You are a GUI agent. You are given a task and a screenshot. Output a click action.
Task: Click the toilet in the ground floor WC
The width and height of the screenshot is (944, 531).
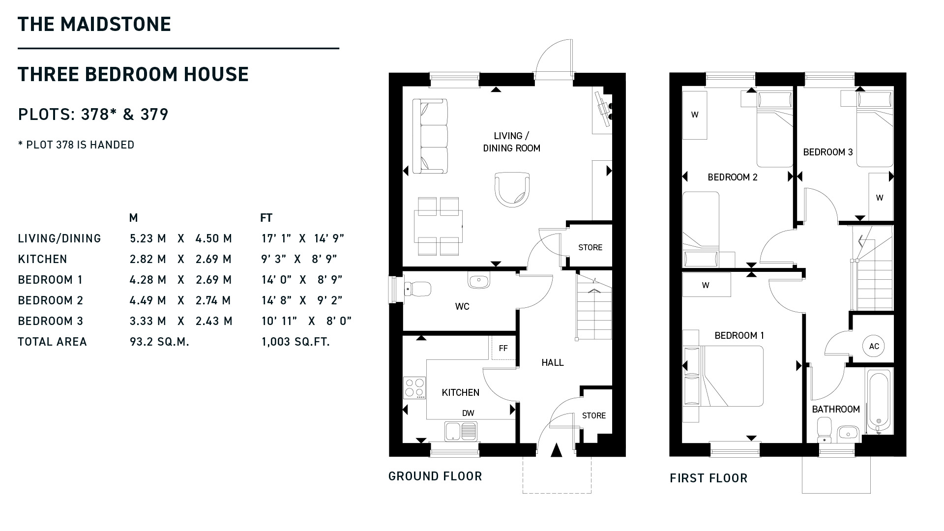[417, 289]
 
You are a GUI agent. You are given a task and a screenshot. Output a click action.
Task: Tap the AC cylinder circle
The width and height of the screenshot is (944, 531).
[874, 346]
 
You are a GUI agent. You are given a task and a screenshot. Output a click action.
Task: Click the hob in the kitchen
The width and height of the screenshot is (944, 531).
[414, 388]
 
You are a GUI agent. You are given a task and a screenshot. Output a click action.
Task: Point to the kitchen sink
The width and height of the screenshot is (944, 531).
[461, 431]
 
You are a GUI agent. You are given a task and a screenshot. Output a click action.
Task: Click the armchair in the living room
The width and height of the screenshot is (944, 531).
[513, 189]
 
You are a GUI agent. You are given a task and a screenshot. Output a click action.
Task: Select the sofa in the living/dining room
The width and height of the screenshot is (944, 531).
[430, 136]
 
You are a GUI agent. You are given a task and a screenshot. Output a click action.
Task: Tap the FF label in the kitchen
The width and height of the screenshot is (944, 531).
[503, 349]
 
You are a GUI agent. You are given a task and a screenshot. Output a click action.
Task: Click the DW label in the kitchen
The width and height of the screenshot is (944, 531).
[468, 413]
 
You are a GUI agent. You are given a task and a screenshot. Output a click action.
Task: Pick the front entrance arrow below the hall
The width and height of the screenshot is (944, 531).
[556, 450]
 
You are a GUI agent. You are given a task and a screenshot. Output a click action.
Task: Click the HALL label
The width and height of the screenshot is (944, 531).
[553, 363]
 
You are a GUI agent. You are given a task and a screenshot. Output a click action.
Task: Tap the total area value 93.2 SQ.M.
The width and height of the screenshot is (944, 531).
[159, 342]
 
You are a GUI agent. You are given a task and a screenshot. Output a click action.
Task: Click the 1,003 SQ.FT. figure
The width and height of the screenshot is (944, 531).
[295, 342]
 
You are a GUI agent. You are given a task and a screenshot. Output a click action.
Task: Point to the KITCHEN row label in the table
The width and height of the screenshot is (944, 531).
[42, 259]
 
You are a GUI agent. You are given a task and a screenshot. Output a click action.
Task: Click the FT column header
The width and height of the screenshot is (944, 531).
[266, 218]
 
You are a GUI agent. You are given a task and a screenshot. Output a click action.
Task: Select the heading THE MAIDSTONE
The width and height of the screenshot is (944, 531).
[94, 24]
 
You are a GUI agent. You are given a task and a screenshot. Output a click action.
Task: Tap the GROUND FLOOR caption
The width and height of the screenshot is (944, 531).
[435, 476]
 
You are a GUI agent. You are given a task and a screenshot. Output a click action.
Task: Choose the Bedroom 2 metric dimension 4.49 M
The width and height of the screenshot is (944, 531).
[147, 300]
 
